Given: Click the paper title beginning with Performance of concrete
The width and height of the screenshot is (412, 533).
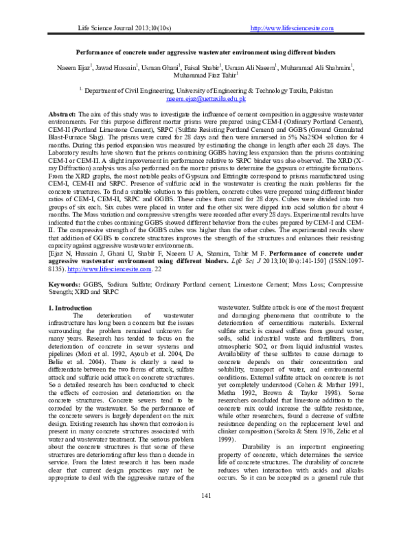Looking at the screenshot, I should pyautogui.click(x=206, y=52).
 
